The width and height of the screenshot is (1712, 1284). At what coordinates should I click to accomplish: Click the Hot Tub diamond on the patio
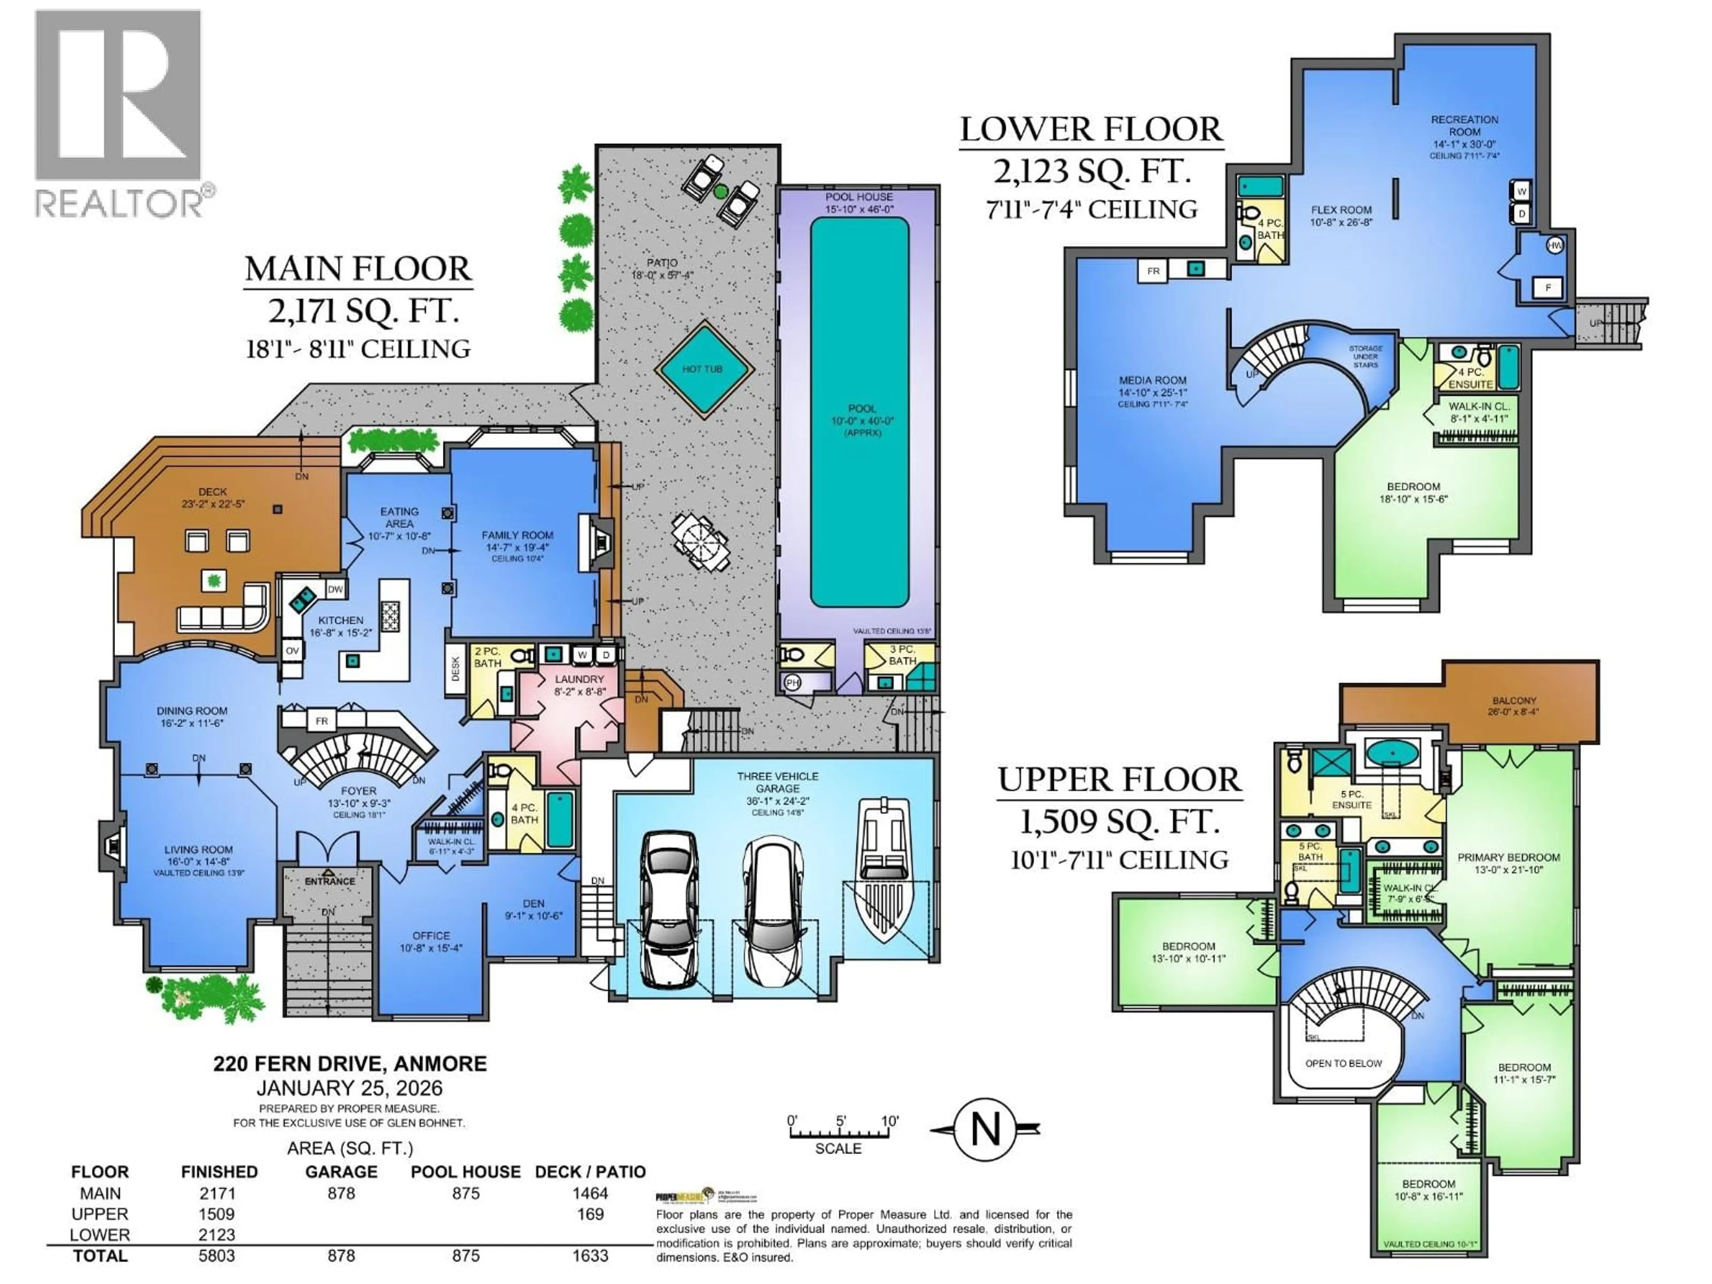(703, 369)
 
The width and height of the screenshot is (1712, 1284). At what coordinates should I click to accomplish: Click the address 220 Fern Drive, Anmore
(350, 1063)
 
